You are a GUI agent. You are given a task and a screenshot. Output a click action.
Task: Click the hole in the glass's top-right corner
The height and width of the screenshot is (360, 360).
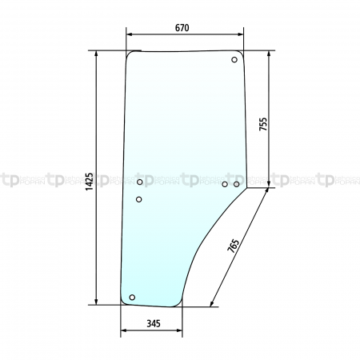click(x=234, y=60)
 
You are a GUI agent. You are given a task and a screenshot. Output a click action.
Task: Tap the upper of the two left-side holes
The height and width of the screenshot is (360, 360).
click(x=140, y=183)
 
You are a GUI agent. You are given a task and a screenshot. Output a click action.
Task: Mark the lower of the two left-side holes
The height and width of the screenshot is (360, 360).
click(x=139, y=199)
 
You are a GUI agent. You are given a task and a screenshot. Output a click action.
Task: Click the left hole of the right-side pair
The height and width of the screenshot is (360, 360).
click(x=225, y=184)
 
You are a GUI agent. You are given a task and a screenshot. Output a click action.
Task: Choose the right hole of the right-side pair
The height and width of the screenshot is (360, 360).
click(x=237, y=184)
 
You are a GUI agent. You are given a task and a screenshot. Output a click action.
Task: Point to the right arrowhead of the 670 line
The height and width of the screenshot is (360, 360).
click(x=242, y=35)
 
